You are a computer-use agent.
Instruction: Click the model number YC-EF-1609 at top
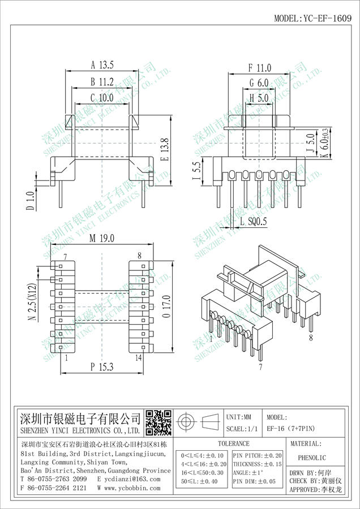coord(327,18)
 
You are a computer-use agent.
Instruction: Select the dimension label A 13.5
coord(102,65)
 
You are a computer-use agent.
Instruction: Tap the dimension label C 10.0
coord(102,97)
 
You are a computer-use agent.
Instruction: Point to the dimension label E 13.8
coord(164,150)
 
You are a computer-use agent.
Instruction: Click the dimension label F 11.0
coord(260,68)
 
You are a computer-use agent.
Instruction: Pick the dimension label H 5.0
coord(259,97)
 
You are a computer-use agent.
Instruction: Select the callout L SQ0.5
coord(254,221)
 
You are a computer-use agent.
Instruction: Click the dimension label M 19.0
coord(102,239)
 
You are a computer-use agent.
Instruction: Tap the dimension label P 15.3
coord(102,367)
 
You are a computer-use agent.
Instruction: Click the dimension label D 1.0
coord(30,201)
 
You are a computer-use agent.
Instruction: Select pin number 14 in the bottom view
coord(139,358)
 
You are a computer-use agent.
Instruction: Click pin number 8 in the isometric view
coord(311,338)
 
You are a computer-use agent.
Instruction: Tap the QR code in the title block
coord(158,422)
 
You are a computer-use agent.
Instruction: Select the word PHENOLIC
coord(312,458)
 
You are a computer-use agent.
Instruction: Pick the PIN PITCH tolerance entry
coord(258,456)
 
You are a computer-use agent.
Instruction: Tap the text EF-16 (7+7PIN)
coord(291,429)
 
